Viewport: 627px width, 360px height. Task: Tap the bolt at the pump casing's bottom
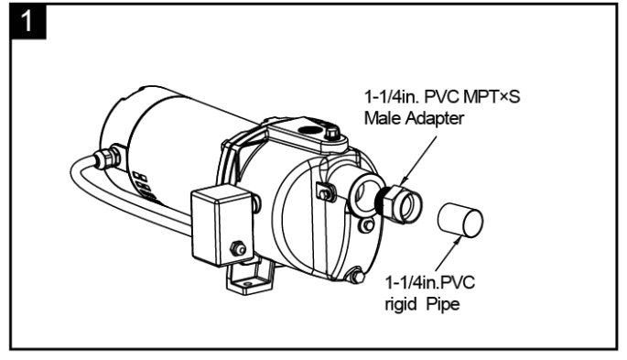coord(355,272)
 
